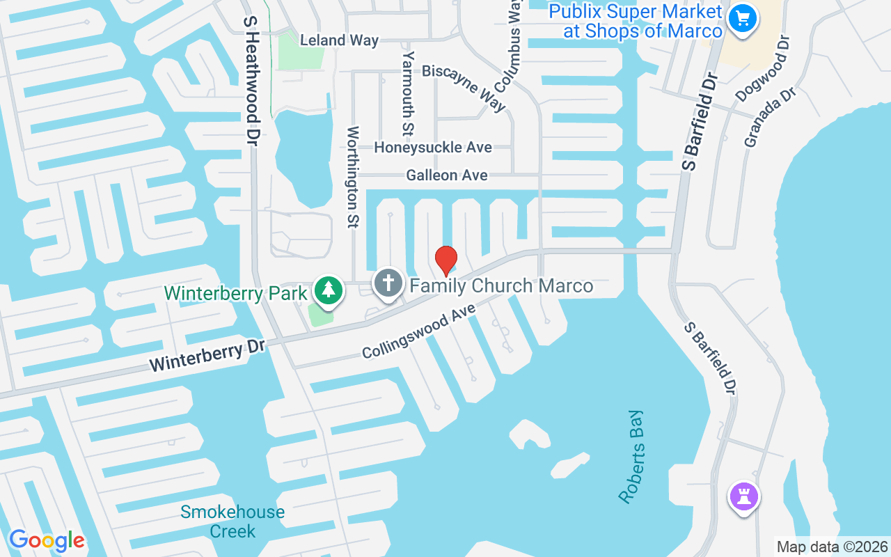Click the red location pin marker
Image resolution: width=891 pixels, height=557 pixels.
(445, 260)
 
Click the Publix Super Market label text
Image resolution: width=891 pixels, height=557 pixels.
(635, 22)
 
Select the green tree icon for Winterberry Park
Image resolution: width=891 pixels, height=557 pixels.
(327, 290)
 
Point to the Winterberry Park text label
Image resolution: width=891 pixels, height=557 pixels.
(235, 294)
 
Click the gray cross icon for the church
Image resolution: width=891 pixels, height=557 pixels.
(388, 283)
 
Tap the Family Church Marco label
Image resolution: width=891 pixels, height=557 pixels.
(501, 285)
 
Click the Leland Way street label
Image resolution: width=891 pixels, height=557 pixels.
(339, 40)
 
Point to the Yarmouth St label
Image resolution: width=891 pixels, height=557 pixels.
(408, 93)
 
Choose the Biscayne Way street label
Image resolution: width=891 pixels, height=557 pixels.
(464, 88)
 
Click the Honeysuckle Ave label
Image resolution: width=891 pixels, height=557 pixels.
(432, 148)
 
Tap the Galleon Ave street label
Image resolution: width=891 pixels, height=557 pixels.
(447, 175)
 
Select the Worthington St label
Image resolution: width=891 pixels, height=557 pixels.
(353, 177)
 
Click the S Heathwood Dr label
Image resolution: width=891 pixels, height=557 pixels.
(251, 80)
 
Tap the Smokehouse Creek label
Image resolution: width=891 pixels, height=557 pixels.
(232, 521)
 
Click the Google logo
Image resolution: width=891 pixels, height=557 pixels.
(47, 540)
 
